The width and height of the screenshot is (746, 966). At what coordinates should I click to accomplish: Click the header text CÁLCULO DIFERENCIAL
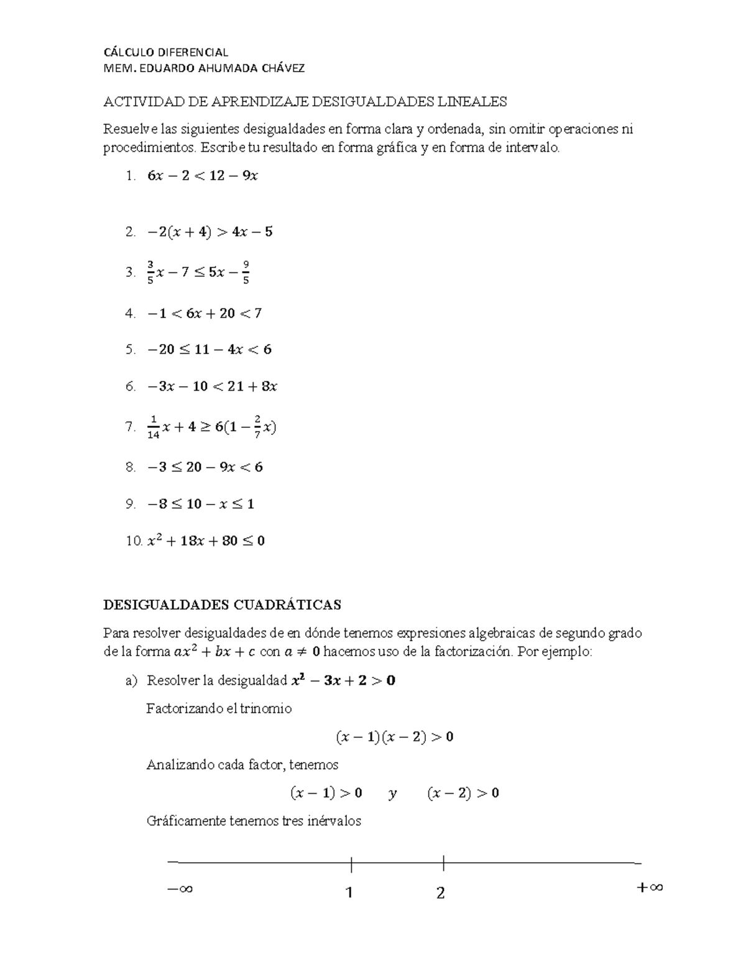pyautogui.click(x=165, y=52)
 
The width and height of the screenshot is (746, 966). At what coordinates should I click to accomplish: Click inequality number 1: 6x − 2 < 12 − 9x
pyautogui.click(x=203, y=176)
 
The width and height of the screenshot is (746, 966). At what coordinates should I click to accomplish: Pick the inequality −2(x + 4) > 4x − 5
pyautogui.click(x=210, y=232)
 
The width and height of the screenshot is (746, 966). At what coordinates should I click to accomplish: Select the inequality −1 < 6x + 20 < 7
pyautogui.click(x=205, y=313)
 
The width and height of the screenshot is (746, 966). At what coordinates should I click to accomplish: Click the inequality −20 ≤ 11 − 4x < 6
pyautogui.click(x=210, y=350)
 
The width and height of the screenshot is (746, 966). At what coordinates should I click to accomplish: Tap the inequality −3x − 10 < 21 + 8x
pyautogui.click(x=212, y=386)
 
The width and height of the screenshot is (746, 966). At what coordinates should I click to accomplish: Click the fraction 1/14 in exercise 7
pyautogui.click(x=154, y=427)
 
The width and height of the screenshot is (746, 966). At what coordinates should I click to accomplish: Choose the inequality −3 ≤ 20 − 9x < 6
pyautogui.click(x=205, y=467)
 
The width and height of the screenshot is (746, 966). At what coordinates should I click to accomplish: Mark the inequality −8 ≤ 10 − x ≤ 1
pyautogui.click(x=201, y=504)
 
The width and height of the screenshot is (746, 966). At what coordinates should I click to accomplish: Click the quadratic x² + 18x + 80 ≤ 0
pyautogui.click(x=206, y=541)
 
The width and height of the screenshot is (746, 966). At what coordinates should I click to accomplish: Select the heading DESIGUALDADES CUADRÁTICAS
pyautogui.click(x=222, y=605)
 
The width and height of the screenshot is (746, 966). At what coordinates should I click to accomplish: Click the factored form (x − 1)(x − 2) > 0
pyautogui.click(x=394, y=737)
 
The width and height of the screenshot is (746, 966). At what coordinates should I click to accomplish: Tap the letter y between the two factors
pyautogui.click(x=392, y=793)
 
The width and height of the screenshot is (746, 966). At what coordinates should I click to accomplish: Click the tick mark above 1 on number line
pyautogui.click(x=351, y=864)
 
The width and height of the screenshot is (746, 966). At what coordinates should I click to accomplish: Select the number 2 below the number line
pyautogui.click(x=441, y=893)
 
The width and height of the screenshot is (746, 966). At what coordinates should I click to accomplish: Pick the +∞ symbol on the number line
pyautogui.click(x=650, y=888)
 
